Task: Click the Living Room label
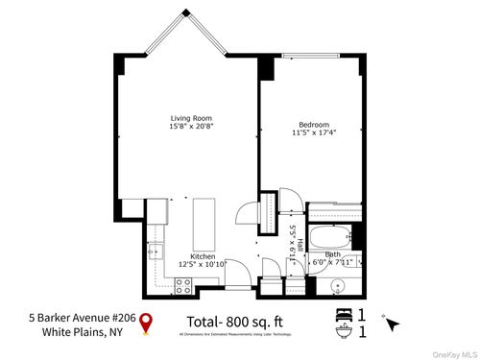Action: (x=183, y=118)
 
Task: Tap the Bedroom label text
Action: (x=314, y=125)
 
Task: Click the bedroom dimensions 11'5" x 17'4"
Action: (x=314, y=134)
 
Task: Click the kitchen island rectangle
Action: (x=204, y=224)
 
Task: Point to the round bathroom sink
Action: (x=337, y=284)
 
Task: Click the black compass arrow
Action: (x=391, y=324)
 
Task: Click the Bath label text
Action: (x=331, y=254)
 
